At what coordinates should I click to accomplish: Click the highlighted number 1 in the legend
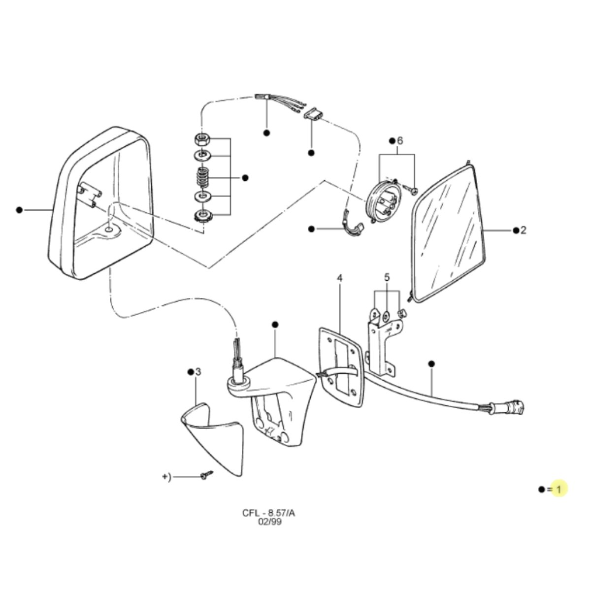[558, 498]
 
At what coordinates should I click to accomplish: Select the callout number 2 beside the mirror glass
[523, 230]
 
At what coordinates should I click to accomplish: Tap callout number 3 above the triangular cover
[198, 372]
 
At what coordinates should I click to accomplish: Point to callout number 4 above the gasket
[339, 278]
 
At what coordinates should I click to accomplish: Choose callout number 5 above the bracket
[387, 277]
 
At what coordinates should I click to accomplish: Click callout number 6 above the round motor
[399, 141]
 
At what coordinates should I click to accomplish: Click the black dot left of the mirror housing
[19, 210]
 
